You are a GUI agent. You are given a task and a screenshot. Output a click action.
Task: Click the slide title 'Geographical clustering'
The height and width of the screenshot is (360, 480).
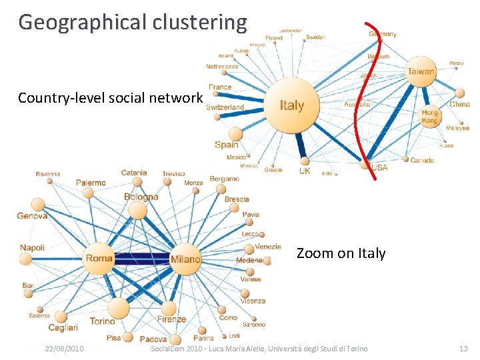pos(133,22)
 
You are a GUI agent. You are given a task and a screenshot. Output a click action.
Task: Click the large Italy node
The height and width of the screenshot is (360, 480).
pos(292,104)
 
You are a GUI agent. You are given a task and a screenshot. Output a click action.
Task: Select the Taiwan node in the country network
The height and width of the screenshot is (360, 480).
pos(421,71)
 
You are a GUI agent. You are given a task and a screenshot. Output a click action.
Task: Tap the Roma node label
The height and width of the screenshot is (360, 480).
pos(99,258)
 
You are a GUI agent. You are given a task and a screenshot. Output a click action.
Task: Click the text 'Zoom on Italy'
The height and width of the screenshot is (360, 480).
pos(341,253)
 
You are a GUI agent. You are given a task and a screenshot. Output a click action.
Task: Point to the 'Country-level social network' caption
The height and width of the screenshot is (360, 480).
pos(110,98)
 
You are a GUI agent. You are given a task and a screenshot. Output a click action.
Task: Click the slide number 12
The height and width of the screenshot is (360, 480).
pos(463,349)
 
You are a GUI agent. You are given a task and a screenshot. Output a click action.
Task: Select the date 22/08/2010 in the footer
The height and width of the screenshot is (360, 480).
pos(64,349)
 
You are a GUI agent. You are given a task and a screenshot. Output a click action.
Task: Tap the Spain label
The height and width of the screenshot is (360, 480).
pos(227,145)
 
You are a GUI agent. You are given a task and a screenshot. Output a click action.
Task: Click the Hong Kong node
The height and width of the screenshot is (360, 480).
pos(430,117)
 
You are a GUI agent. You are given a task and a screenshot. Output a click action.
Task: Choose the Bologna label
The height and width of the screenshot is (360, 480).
pos(141,197)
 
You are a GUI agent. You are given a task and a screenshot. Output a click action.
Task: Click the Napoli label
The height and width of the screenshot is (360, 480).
pos(32,248)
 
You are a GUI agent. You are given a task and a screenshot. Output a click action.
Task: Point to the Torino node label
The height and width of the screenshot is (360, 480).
pos(102,321)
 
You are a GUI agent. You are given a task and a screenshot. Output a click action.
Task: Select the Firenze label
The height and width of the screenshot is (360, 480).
pos(172,319)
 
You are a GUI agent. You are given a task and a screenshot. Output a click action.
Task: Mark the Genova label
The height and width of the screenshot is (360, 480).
pos(32,216)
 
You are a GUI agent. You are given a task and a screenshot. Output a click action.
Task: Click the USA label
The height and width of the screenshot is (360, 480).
pos(378,167)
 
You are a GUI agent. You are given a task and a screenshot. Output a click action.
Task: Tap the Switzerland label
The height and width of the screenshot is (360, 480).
pos(225,107)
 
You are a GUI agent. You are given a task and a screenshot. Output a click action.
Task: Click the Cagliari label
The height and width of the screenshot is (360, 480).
pos(63,327)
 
